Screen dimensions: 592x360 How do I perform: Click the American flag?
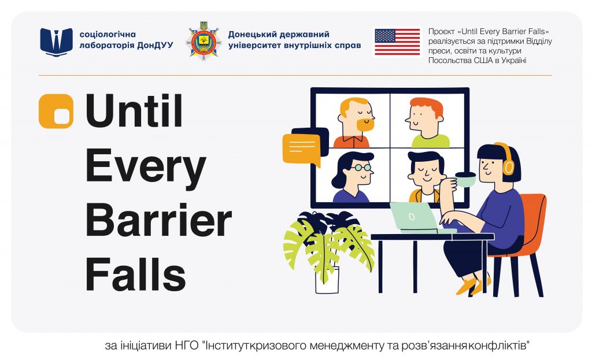(397, 42)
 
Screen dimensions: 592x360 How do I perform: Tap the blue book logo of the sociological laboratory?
(57, 42)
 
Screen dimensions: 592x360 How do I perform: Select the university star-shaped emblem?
(203, 41)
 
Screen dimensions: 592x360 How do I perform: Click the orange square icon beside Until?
(56, 111)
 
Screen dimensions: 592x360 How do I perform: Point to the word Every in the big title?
(146, 166)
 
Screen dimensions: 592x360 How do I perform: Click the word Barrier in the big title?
(158, 220)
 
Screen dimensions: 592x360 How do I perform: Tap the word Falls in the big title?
(136, 273)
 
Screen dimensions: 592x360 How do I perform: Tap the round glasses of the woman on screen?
(362, 167)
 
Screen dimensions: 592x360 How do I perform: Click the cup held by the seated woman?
(465, 179)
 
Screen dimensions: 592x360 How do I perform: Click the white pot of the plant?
(327, 280)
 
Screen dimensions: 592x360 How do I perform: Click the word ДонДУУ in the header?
(155, 45)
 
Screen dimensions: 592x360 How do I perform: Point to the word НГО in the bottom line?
(188, 346)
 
